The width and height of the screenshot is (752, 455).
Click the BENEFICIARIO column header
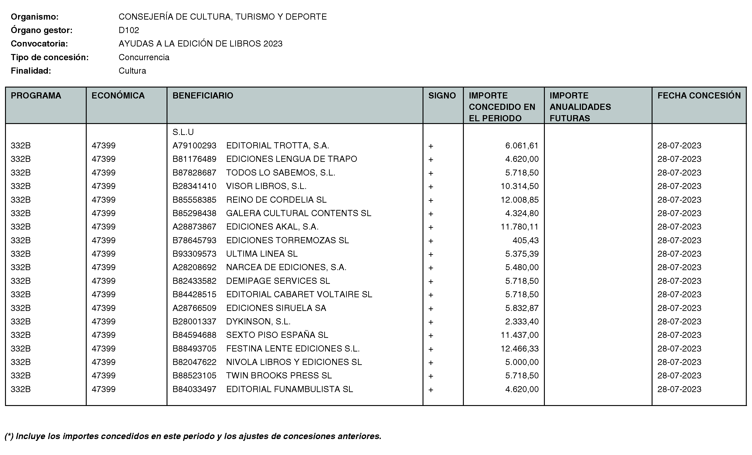(x=203, y=96)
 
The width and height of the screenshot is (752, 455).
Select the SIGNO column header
(x=442, y=96)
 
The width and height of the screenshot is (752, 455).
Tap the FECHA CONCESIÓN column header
(x=699, y=96)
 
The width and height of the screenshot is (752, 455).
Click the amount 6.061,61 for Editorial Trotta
(x=522, y=146)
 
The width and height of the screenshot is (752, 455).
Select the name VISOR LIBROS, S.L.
(x=266, y=186)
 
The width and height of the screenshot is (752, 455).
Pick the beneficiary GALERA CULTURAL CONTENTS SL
(x=298, y=213)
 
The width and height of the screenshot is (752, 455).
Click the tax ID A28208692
(x=194, y=267)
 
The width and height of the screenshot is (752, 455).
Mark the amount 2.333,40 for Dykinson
(x=522, y=322)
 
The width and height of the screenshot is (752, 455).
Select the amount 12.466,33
(x=520, y=349)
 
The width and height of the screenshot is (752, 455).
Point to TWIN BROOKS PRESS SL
(x=279, y=376)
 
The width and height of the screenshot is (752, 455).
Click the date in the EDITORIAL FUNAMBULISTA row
(x=679, y=389)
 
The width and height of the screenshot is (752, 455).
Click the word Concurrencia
(x=144, y=57)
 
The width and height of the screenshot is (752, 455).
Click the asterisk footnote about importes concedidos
(x=193, y=436)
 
